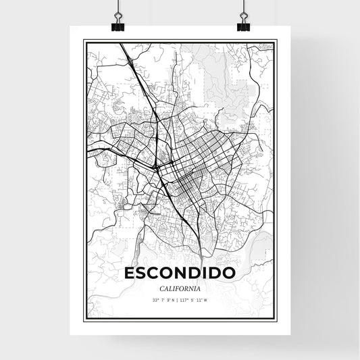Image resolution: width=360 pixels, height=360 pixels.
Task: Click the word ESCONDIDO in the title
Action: [180, 274]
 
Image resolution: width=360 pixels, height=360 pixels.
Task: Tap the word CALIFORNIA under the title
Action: [180, 288]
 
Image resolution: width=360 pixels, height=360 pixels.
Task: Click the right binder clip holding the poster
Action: [242, 21]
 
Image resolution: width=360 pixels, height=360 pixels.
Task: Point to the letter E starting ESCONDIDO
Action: [130, 274]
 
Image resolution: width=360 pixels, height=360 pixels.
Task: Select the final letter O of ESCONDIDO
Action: [229, 274]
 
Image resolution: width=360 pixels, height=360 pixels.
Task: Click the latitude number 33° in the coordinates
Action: [155, 300]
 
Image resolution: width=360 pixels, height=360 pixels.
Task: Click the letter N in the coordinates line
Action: [173, 300]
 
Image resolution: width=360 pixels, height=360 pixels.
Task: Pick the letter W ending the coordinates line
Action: [205, 300]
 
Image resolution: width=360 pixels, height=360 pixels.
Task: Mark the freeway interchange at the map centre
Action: [157, 166]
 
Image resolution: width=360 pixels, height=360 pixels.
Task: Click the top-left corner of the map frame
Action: [84, 41]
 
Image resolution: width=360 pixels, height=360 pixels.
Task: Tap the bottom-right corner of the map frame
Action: [276, 319]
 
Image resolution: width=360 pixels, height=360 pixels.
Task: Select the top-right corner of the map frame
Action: [276, 41]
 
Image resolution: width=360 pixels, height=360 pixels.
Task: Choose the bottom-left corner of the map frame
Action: [84, 319]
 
